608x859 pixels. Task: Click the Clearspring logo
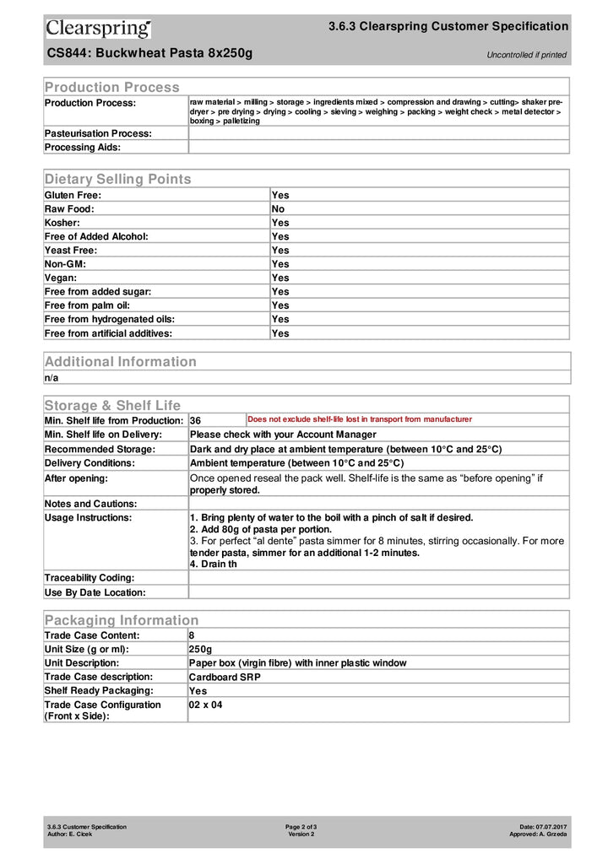coord(98,29)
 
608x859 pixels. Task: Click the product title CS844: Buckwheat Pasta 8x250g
coord(149,54)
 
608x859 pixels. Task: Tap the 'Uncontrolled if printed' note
coord(526,56)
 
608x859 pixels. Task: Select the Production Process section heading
coord(111,87)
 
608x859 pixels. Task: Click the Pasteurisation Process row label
coord(98,133)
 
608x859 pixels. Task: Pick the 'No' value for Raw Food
coord(278,208)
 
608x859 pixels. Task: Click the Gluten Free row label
coord(73,195)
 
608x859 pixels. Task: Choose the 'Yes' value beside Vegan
coord(280,278)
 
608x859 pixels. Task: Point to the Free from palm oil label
coord(87,305)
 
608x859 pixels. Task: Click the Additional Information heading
coord(120,361)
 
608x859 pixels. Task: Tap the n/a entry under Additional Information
coord(52,377)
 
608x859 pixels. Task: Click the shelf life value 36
coord(195,420)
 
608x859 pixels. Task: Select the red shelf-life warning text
coord(359,419)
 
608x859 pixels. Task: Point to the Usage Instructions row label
coord(88,517)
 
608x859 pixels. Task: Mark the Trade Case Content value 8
coord(193,635)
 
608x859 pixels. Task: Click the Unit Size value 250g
coord(201,649)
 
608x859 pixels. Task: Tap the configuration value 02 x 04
coord(206,705)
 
